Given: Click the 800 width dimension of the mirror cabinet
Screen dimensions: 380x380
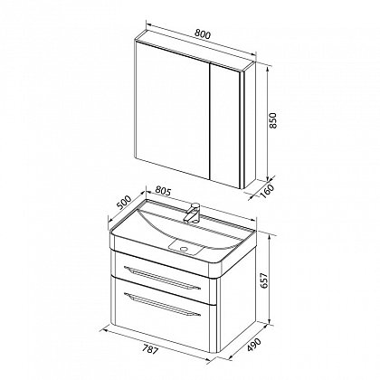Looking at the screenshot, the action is pyautogui.click(x=202, y=34).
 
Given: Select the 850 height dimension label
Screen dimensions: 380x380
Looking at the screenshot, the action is pyautogui.click(x=272, y=120).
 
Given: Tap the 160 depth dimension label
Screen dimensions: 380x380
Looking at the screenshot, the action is pyautogui.click(x=267, y=191).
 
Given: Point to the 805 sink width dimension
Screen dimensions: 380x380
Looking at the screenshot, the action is pyautogui.click(x=163, y=191).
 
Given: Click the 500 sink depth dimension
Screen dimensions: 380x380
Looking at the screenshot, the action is pyautogui.click(x=124, y=204).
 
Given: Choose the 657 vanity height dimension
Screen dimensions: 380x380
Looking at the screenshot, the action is pyautogui.click(x=263, y=280).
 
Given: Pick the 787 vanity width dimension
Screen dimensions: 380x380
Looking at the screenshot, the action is pyautogui.click(x=149, y=350).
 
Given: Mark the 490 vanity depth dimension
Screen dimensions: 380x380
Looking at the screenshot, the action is pyautogui.click(x=254, y=346).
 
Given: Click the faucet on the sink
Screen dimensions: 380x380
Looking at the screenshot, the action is pyautogui.click(x=193, y=213).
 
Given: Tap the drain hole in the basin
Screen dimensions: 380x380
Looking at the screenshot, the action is pyautogui.click(x=184, y=249).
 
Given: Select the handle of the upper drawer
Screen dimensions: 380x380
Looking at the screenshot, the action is pyautogui.click(x=162, y=277).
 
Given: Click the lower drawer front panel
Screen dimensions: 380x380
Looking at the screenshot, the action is pyautogui.click(x=165, y=314).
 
